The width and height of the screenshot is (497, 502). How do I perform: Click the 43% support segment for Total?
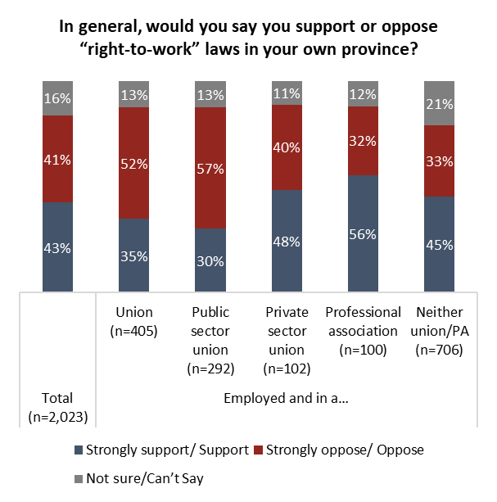point(57,246)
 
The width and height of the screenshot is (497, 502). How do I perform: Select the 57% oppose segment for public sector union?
point(210,168)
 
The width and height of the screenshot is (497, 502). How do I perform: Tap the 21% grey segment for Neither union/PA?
point(439,103)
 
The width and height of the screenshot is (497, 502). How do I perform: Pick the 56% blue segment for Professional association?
point(363,233)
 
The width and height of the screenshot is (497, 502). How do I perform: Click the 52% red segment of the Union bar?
point(133,163)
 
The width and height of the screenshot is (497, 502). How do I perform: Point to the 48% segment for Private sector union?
point(287,240)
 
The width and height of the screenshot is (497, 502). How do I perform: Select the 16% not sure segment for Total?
point(57,98)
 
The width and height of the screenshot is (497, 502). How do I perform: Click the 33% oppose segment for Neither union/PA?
point(439,161)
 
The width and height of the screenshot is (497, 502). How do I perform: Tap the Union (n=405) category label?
point(133,321)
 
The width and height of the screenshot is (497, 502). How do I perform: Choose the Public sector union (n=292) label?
point(210,340)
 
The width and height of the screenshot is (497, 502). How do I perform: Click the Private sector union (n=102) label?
point(287,340)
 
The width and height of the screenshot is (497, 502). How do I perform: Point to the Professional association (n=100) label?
point(363,330)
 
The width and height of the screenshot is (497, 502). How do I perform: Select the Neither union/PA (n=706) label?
point(439,330)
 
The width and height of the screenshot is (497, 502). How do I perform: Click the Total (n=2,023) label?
point(57,407)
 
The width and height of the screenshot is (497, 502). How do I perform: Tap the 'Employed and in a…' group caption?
point(286,399)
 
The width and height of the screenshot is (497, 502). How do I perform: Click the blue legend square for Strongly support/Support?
point(78,450)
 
